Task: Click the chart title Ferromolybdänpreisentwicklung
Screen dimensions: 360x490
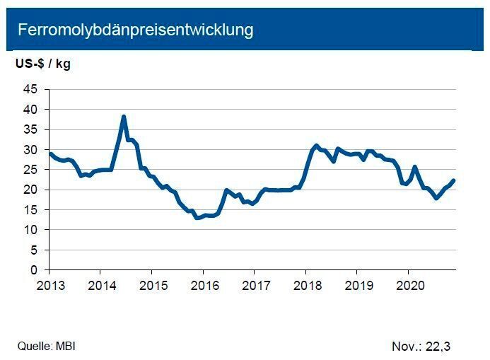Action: click(135, 30)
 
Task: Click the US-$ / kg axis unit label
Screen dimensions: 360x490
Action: click(43, 64)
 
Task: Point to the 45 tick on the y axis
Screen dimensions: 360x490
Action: click(30, 89)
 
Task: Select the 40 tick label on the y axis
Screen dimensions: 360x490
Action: click(30, 110)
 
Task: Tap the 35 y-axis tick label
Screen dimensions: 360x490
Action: click(30, 129)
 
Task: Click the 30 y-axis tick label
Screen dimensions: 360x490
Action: click(30, 150)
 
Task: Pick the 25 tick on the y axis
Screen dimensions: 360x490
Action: click(30, 170)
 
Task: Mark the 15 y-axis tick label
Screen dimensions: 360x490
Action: click(30, 210)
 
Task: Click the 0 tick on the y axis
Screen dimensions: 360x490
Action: click(34, 270)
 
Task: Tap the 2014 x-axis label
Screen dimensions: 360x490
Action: click(100, 285)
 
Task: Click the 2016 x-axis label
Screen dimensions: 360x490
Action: click(203, 285)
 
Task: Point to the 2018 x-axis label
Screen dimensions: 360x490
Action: click(305, 285)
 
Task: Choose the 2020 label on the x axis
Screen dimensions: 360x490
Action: click(408, 285)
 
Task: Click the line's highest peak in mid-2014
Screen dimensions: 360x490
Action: click(124, 117)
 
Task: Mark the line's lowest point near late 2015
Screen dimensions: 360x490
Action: click(197, 218)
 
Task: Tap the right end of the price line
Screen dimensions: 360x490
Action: click(454, 180)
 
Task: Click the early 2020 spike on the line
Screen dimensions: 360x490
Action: click(415, 167)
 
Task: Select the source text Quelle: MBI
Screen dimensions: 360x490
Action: click(47, 346)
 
